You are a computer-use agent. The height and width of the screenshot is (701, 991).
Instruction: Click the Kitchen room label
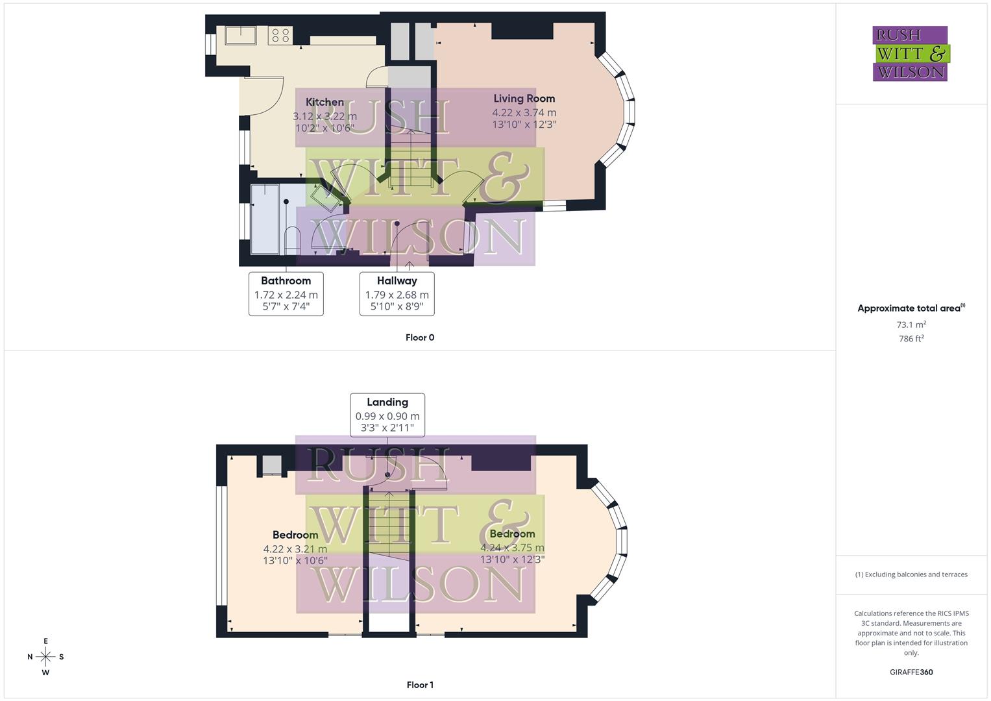(324, 103)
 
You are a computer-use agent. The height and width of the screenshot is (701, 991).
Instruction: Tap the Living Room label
(524, 99)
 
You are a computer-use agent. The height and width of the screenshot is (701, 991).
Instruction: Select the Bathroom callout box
(286, 293)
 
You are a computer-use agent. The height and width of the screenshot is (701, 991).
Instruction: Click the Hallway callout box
(397, 293)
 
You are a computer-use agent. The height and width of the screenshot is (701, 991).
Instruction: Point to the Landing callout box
(387, 415)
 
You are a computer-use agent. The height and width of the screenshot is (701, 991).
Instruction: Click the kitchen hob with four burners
(280, 35)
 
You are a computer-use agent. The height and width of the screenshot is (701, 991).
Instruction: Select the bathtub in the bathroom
(265, 219)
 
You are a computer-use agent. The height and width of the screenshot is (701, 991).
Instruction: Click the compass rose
(45, 656)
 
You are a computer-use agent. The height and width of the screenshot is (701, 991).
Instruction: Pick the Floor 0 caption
(420, 338)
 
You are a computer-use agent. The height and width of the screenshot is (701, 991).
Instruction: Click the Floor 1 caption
(420, 685)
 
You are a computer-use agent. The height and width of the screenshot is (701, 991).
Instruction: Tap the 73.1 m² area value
(911, 325)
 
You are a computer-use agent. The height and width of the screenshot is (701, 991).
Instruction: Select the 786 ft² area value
(911, 339)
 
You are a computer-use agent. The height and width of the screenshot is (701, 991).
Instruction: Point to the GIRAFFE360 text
(911, 672)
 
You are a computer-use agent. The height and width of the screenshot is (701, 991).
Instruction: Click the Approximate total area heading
(911, 308)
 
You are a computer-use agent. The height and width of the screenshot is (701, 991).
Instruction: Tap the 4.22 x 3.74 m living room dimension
(524, 112)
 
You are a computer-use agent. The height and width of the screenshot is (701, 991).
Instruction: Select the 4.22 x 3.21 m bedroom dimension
(295, 549)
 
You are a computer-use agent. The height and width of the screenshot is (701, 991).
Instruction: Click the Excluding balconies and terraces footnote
(911, 574)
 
